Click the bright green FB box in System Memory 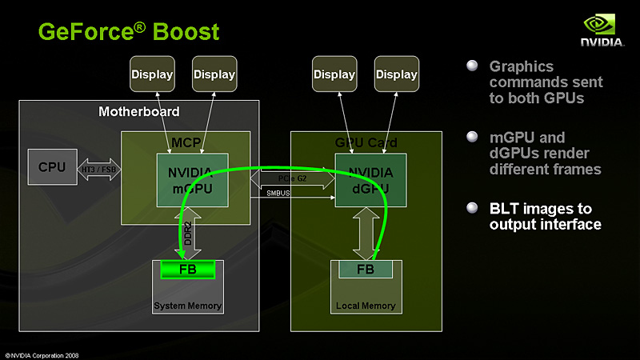point(188,270)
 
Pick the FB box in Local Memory point(366,270)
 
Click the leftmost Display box point(152,74)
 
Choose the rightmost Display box point(397,74)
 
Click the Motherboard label point(139,111)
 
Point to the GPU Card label point(366,142)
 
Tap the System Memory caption point(188,306)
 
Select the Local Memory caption point(366,306)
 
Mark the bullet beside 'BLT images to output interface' point(472,209)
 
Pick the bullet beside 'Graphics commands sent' point(472,66)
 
